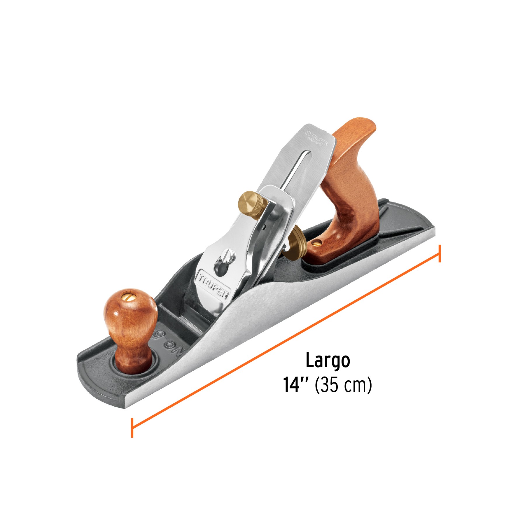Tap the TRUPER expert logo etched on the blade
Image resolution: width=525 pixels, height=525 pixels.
(317, 138)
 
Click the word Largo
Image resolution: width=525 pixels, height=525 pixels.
(328, 361)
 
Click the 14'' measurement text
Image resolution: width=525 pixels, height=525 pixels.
(295, 385)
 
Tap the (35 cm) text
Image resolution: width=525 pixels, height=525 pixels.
(343, 385)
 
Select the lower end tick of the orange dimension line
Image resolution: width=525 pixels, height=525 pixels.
(132, 428)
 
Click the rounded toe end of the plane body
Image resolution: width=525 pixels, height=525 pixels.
(87, 376)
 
